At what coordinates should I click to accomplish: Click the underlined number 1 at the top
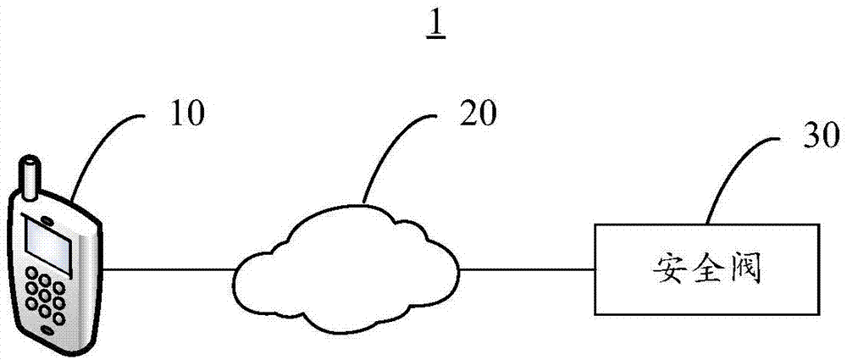437,25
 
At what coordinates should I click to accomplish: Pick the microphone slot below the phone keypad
46,326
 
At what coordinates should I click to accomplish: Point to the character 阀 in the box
747,270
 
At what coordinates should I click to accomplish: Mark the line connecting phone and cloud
169,270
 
